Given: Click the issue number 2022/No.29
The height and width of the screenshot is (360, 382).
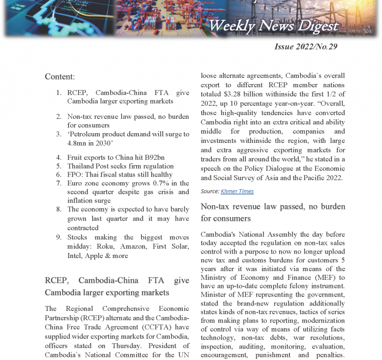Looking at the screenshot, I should click(306, 46).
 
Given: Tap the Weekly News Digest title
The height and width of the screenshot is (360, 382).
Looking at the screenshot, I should click(273, 26).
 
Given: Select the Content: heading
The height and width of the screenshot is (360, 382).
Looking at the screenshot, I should click(60, 77).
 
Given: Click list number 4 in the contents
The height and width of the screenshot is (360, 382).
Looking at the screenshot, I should click(59, 158).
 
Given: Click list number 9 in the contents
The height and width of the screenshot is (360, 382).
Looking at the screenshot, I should click(59, 237).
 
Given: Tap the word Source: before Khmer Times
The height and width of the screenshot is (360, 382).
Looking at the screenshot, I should click(210, 191).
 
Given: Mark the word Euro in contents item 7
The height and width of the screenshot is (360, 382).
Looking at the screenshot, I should click(75, 183).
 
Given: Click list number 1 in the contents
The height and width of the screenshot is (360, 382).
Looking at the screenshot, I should click(59, 92).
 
